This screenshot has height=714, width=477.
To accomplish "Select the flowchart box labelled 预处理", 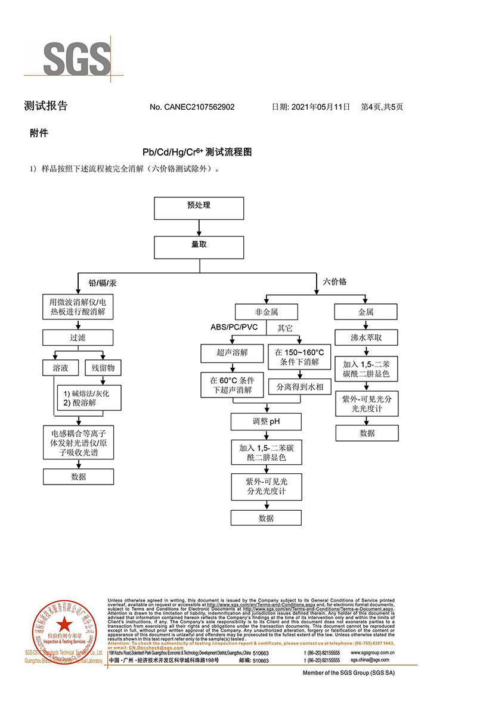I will [199, 206].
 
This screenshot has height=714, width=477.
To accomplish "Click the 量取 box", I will [199, 247].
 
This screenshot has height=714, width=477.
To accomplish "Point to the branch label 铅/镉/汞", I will [103, 283].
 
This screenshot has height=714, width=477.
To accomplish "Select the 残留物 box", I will [103, 368].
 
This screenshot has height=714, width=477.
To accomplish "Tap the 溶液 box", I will [61, 368].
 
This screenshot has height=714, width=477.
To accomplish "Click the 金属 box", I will [366, 312].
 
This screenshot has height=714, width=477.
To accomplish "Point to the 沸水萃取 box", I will [366, 337].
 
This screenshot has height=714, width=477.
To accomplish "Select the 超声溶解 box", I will [232, 353].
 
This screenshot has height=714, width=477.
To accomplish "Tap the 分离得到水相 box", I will [299, 387].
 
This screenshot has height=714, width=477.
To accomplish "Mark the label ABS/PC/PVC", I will [234, 327].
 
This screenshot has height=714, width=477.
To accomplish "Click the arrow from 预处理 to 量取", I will [199, 227].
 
